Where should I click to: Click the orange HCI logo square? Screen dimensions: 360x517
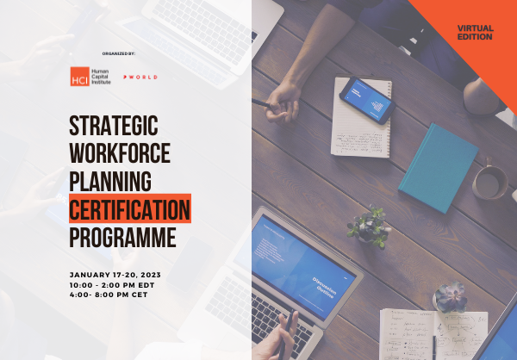point(79,77)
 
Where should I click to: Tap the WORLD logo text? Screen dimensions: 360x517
point(141,78)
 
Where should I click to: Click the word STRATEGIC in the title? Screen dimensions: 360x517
point(114,127)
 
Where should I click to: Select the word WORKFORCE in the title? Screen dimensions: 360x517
point(120,154)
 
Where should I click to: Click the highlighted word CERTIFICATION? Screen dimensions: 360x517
point(130,208)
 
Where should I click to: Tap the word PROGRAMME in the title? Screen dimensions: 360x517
point(122,236)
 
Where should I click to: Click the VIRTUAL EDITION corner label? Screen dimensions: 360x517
point(476,34)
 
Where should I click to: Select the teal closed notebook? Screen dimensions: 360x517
point(438,167)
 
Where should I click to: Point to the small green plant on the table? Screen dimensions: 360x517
point(370,226)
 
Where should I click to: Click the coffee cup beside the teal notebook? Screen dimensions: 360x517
point(490,180)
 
